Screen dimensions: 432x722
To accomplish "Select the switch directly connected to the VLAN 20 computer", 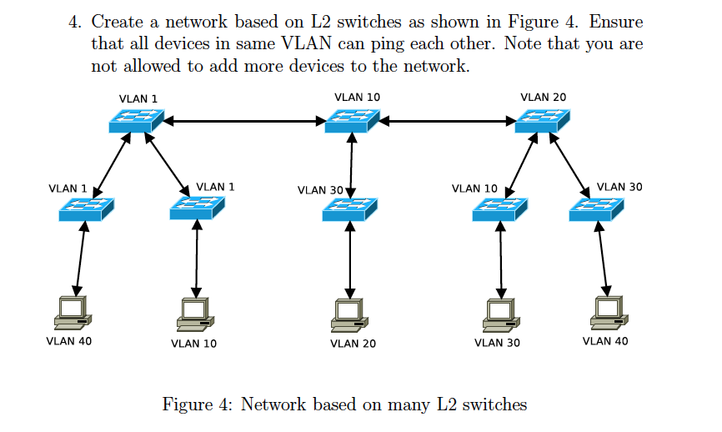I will click(x=350, y=209).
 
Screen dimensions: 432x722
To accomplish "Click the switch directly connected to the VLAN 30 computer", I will click(x=499, y=209).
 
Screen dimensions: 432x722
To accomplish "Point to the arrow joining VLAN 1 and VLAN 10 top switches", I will click(x=245, y=122).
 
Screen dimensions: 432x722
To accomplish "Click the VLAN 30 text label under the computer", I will click(x=497, y=343).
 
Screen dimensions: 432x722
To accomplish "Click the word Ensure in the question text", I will click(x=616, y=23).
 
